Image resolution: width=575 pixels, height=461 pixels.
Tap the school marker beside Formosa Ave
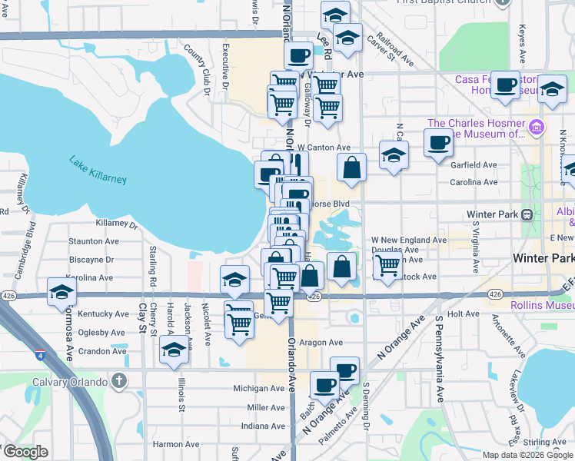pyautogui.click(x=61, y=293)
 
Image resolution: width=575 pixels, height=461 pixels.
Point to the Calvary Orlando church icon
pyautogui.click(x=118, y=380)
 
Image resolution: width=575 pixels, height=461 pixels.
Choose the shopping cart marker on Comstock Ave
pyautogui.click(x=387, y=266)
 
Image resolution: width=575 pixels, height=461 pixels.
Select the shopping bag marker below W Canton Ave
pyautogui.click(x=351, y=167)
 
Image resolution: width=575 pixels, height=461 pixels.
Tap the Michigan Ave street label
pyautogui.click(x=260, y=389)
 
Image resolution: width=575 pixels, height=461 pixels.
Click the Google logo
pyautogui.click(x=25, y=452)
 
